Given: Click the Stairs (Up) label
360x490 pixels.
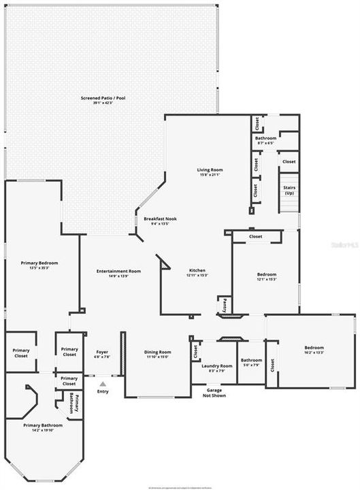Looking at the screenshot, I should pos(288,190).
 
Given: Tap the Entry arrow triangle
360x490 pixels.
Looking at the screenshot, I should pos(103,384).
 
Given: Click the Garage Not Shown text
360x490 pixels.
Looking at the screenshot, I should pos(216,393).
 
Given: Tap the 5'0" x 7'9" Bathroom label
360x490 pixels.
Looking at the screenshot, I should pos(251,362).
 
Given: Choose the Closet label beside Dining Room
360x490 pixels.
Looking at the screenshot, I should pos(195,352).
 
